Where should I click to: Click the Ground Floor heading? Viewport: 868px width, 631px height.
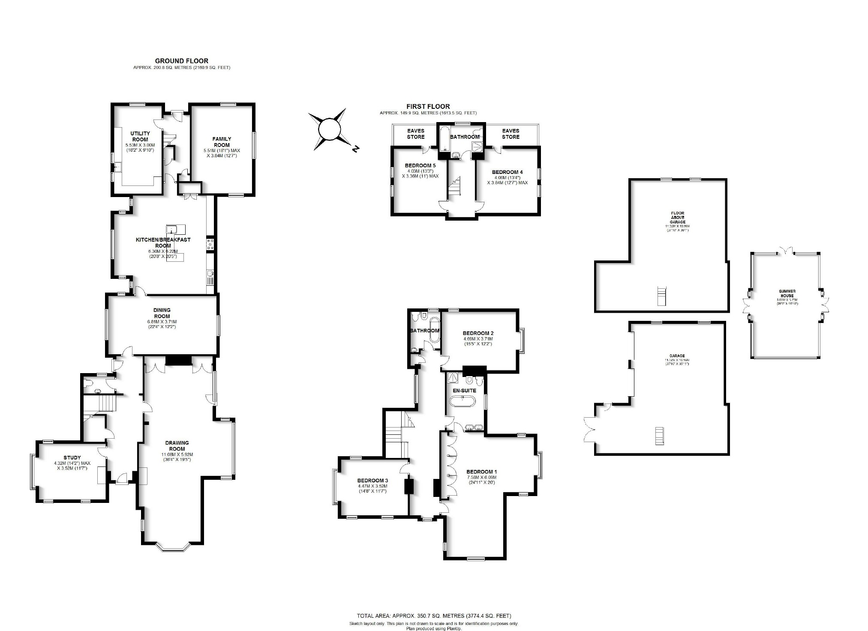click(x=181, y=61)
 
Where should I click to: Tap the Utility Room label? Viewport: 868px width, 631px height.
click(x=140, y=136)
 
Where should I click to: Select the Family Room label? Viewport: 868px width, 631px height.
click(x=222, y=142)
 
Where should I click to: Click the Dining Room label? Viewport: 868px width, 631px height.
click(x=162, y=313)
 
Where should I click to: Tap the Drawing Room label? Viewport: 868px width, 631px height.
click(x=177, y=446)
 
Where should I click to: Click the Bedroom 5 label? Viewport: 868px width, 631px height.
click(x=420, y=165)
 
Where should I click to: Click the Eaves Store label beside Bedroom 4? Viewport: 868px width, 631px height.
click(x=511, y=134)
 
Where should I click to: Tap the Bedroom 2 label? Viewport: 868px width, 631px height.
click(x=478, y=333)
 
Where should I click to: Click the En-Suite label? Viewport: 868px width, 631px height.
click(x=465, y=391)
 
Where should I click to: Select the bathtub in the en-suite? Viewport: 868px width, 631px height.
click(x=462, y=401)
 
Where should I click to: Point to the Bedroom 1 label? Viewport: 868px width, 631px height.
click(x=481, y=472)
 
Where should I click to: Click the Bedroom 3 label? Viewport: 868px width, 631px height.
click(x=372, y=480)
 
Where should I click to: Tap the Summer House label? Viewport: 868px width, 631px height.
click(x=787, y=293)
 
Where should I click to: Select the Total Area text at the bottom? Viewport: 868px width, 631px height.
click(x=434, y=616)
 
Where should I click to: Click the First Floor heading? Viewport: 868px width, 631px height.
click(x=428, y=107)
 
